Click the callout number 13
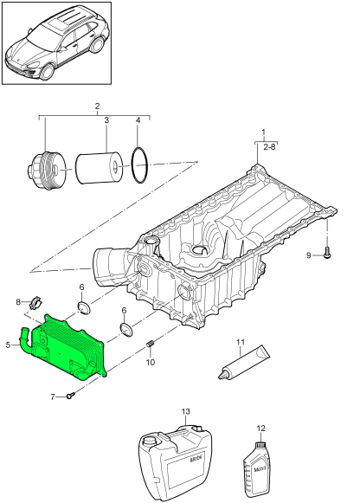(185, 411)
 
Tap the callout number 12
(261, 428)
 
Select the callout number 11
(241, 342)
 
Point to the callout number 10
(151, 362)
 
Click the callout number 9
(309, 255)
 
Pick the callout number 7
(53, 397)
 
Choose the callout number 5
(9, 345)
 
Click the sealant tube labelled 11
(244, 362)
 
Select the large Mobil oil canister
(176, 463)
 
